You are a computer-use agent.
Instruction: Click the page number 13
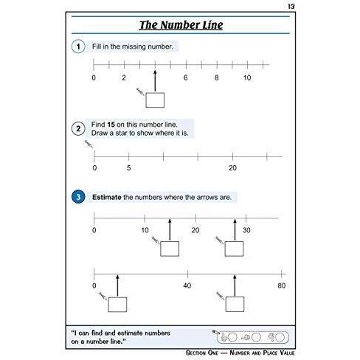(291, 7)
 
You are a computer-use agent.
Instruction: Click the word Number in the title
(180, 25)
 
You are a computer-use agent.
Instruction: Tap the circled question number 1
(78, 46)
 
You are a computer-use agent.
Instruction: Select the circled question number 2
(78, 128)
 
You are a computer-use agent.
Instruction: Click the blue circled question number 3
(78, 197)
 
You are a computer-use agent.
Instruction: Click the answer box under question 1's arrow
(155, 100)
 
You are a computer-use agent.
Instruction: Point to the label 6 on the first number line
(186, 77)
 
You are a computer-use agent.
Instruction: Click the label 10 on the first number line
(247, 77)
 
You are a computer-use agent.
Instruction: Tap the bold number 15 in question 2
(111, 125)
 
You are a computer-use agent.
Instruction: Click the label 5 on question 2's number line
(128, 168)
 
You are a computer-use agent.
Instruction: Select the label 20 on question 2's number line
(232, 168)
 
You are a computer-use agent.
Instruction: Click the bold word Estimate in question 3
(107, 197)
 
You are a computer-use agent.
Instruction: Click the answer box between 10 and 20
(170, 249)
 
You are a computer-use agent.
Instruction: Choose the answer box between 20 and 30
(234, 249)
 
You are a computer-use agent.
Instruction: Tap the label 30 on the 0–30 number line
(246, 230)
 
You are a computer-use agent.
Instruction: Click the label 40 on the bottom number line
(187, 285)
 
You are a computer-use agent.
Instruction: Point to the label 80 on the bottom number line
(282, 285)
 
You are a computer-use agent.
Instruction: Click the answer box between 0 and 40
(117, 305)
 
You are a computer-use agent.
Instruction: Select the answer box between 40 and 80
(235, 305)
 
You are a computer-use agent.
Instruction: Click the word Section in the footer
(202, 353)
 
